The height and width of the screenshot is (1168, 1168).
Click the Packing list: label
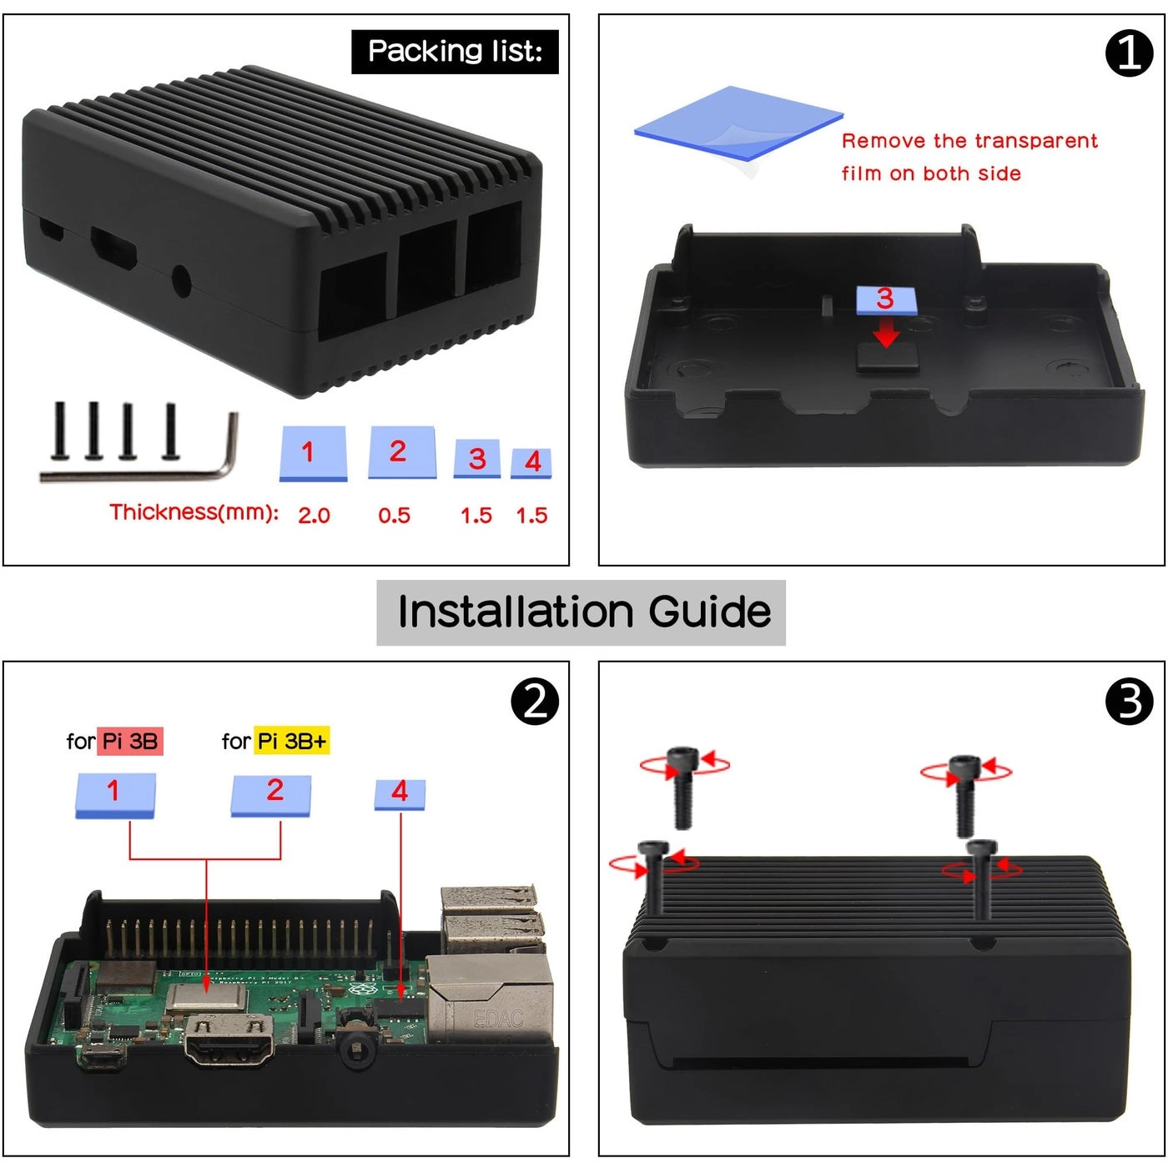(x=455, y=52)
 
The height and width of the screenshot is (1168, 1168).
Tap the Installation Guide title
(x=581, y=612)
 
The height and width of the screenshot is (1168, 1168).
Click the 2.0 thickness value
(x=314, y=516)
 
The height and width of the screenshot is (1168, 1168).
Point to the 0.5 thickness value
(x=394, y=516)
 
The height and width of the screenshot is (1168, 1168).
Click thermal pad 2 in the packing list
(x=401, y=453)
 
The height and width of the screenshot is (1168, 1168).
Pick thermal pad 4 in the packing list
(x=531, y=462)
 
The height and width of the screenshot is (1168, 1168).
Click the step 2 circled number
(x=534, y=701)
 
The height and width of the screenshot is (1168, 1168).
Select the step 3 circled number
(x=1128, y=701)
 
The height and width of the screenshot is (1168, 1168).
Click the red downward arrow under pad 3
(x=886, y=334)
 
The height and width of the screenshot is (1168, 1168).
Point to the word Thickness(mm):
(x=194, y=512)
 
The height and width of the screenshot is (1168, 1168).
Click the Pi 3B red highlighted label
(x=129, y=741)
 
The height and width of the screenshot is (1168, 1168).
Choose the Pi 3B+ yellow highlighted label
(x=292, y=741)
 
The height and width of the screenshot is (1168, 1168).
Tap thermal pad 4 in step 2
(x=400, y=793)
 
